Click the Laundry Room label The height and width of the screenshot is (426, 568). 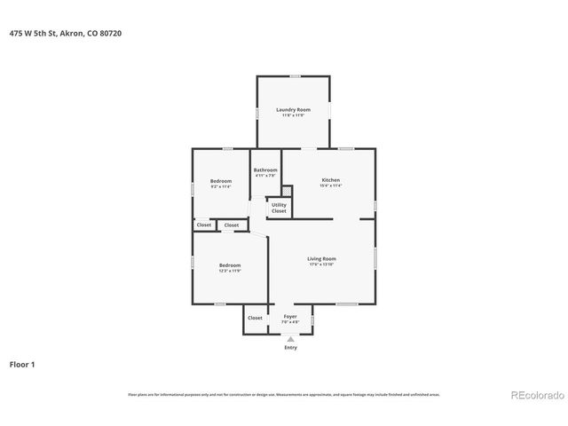point(293,109)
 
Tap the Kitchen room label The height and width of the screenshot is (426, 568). point(330,180)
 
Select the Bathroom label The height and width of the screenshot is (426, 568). point(265,170)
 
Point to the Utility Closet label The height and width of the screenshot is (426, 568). point(279,208)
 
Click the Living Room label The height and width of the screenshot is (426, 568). point(321,258)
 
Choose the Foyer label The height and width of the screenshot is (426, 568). point(290,316)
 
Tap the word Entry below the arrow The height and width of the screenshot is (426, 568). point(290,347)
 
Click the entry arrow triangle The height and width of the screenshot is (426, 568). point(290,338)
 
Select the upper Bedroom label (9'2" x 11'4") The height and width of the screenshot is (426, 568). point(221,181)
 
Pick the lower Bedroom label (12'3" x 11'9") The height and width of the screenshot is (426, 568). point(230,264)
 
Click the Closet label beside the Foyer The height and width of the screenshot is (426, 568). point(255,318)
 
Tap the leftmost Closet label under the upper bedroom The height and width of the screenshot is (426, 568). point(203,225)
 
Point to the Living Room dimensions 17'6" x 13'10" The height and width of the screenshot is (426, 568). point(321,264)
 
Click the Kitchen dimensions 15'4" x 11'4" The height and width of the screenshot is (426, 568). point(330,185)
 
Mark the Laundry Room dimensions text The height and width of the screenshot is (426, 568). point(293,114)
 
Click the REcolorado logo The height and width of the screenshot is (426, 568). point(535,395)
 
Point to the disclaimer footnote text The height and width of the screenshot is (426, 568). point(284,394)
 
